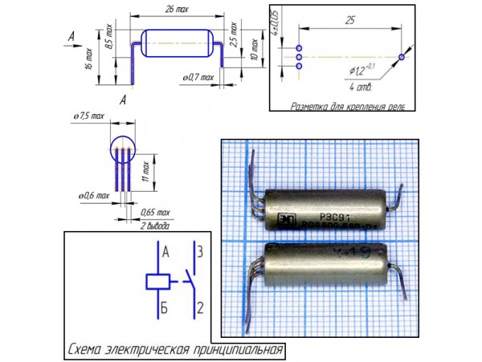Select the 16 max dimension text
(x=90, y=58)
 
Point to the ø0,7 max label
(x=195, y=77)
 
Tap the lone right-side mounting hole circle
(x=402, y=58)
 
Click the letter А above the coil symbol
(x=165, y=251)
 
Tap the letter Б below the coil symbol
(x=164, y=307)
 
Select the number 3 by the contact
(x=202, y=250)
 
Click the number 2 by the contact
(x=202, y=306)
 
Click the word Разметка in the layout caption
(x=311, y=105)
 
